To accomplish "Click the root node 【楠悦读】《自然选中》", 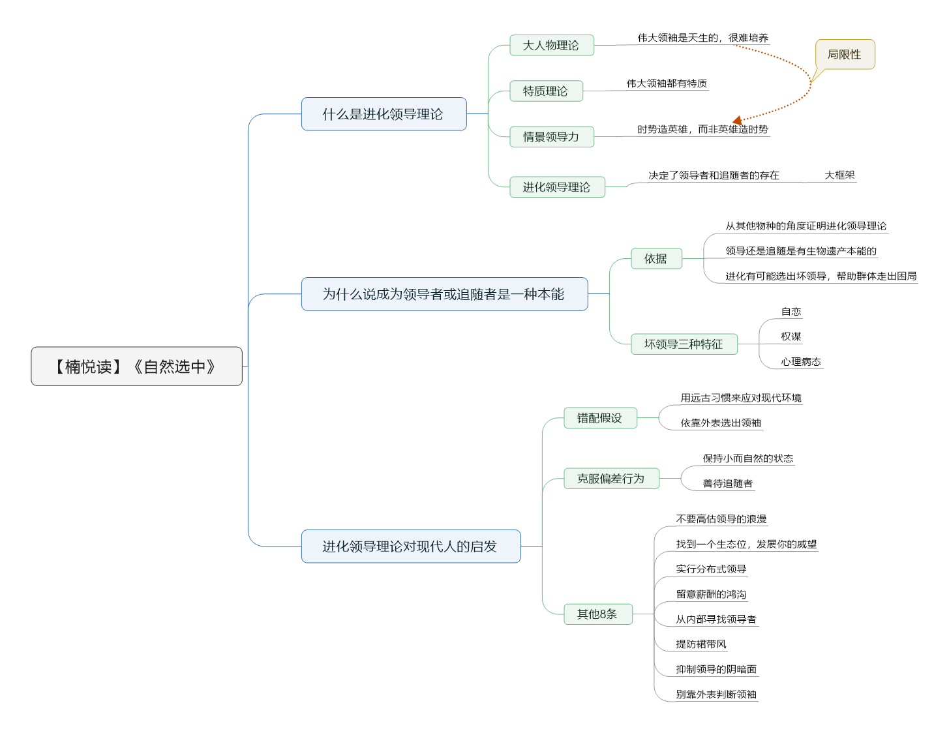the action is (136, 366).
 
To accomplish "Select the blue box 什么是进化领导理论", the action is (384, 114).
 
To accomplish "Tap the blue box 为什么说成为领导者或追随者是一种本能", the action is (444, 294).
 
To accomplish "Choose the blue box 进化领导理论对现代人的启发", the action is (410, 546).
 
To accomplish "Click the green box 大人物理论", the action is (552, 45).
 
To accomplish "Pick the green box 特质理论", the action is (546, 91).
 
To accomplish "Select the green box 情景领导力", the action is (552, 137).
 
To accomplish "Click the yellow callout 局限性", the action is (845, 54).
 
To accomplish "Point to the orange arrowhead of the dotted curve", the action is (737, 120).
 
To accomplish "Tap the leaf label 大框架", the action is (839, 175).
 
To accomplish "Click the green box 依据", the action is (656, 258).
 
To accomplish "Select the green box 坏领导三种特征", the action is (684, 344).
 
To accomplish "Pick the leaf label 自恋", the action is (791, 311).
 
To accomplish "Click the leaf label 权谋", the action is (791, 336).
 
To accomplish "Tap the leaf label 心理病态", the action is (801, 361).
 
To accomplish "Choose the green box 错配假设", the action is (600, 418).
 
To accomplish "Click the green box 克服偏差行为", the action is (611, 479).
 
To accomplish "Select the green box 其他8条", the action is (597, 614).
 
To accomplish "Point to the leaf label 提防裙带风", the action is (701, 644).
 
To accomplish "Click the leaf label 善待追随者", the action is (728, 483).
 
